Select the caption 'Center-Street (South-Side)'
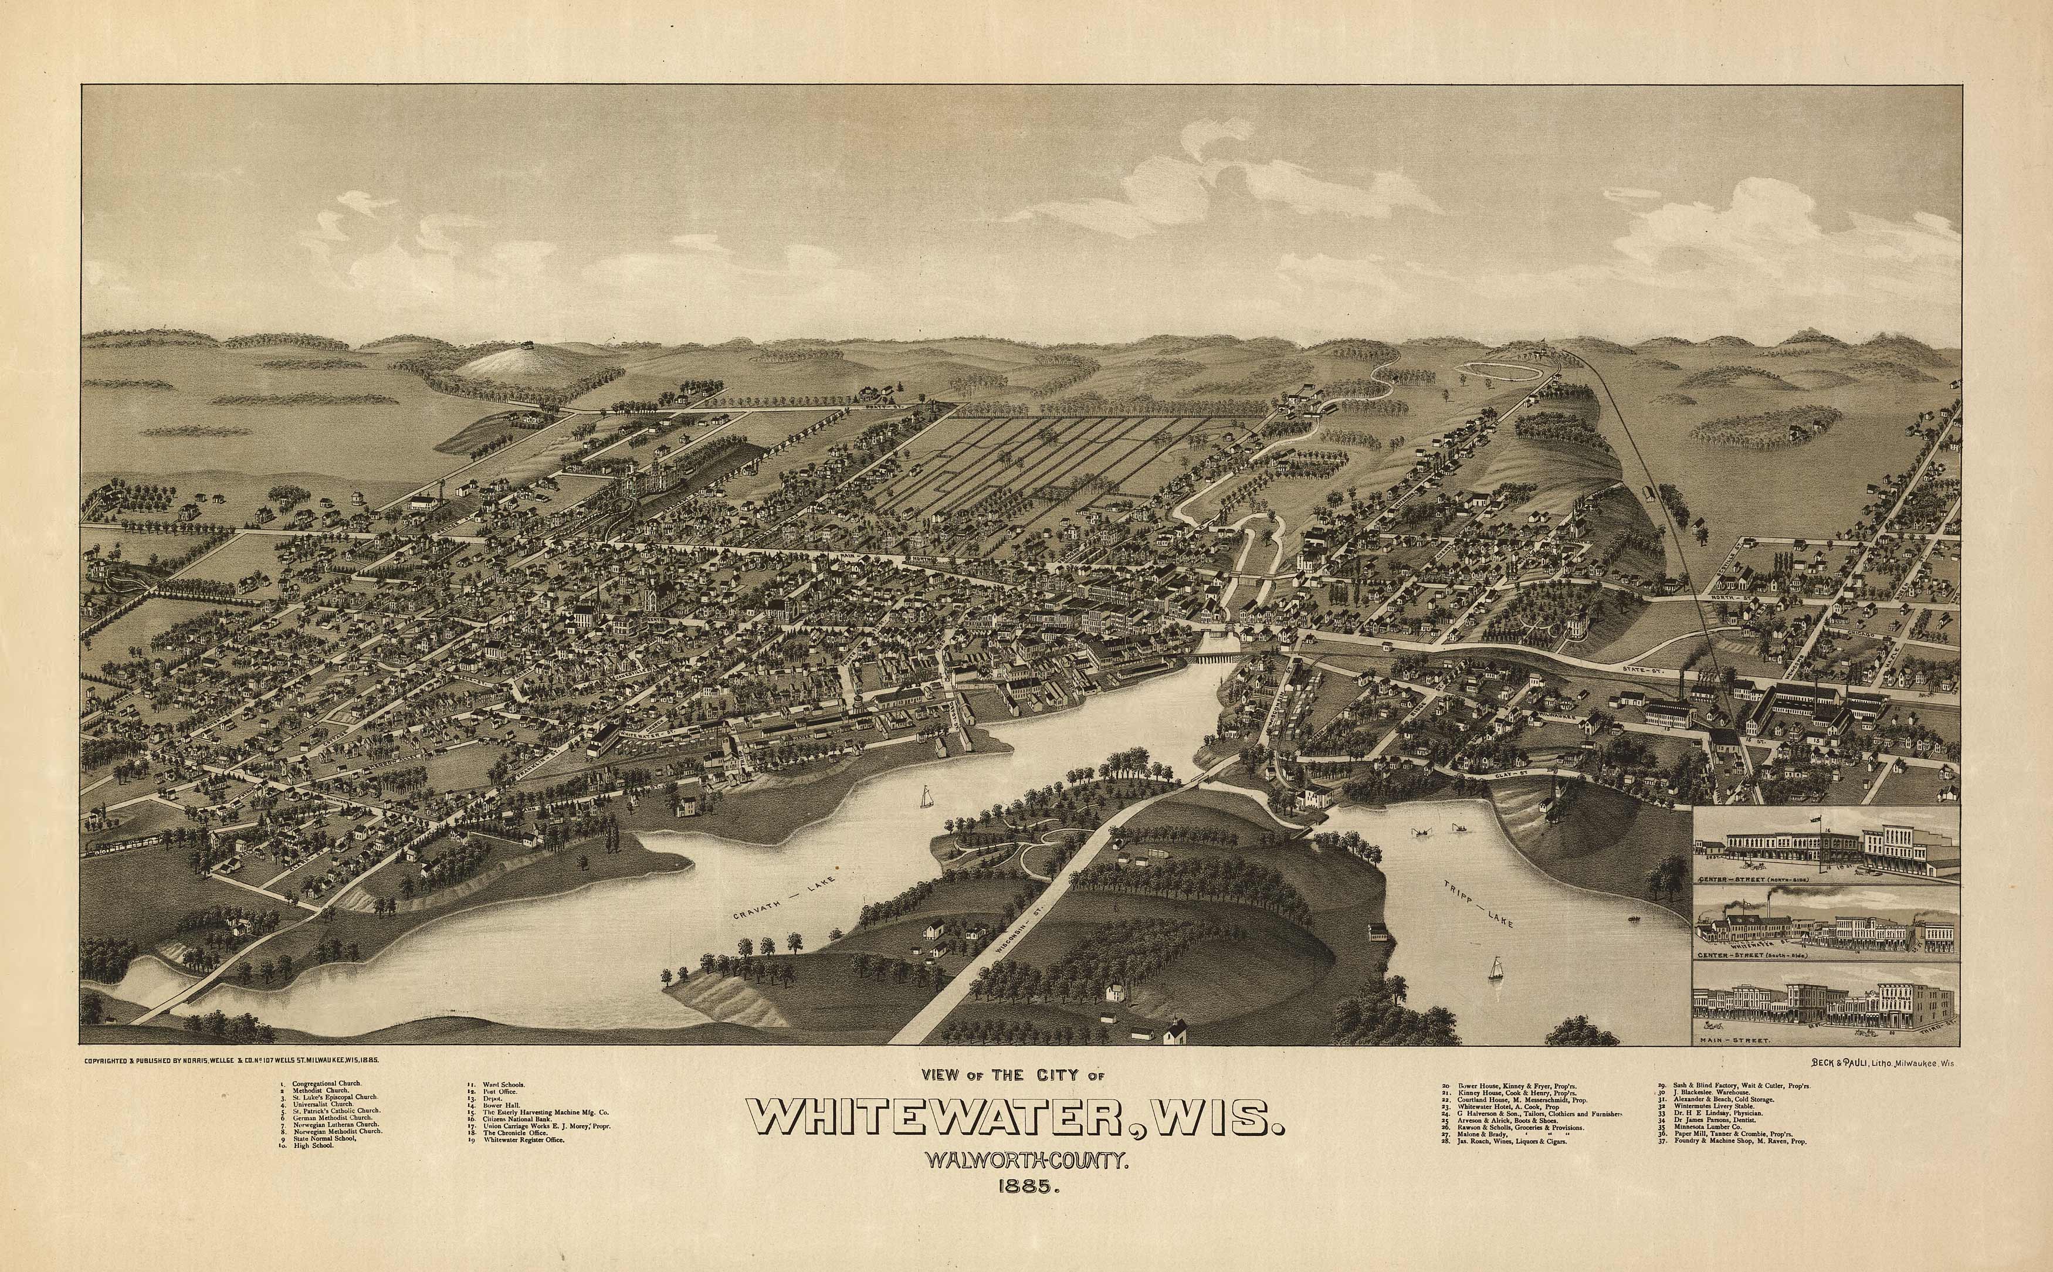tap(1757, 956)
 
